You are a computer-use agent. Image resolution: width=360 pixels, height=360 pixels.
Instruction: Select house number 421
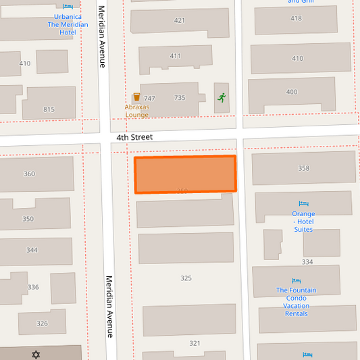point(179,20)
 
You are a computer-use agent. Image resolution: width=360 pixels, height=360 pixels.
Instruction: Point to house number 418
point(296,18)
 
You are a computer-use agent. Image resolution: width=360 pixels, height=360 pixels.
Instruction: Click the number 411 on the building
point(176,56)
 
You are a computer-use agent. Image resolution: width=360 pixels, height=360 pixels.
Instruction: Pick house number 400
point(292,92)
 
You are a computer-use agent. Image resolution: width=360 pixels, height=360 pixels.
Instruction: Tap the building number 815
point(49,109)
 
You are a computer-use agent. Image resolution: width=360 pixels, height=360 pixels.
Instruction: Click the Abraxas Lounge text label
point(136,111)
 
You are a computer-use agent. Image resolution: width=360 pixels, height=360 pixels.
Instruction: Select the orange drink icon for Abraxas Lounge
point(136,97)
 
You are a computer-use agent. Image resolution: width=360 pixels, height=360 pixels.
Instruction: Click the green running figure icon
point(221,97)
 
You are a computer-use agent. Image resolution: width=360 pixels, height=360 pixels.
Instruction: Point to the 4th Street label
point(134,137)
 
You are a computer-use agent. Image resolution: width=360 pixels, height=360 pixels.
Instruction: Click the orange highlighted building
point(185,174)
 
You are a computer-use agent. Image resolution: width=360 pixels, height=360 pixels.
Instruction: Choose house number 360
point(29,174)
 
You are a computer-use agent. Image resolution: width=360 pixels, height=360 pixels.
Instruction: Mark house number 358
point(303,168)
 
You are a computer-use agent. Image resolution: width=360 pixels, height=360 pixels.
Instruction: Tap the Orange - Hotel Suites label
point(303,222)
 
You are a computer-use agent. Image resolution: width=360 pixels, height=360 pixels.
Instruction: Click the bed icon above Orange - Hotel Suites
point(303,204)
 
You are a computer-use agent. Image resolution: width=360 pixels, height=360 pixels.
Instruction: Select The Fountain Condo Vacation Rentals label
point(297,302)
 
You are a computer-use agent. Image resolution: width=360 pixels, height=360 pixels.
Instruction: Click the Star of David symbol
point(36,354)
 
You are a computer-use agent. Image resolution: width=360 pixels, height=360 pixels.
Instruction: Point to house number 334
point(307,262)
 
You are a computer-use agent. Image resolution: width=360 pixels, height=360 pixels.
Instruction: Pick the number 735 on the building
point(180,98)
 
